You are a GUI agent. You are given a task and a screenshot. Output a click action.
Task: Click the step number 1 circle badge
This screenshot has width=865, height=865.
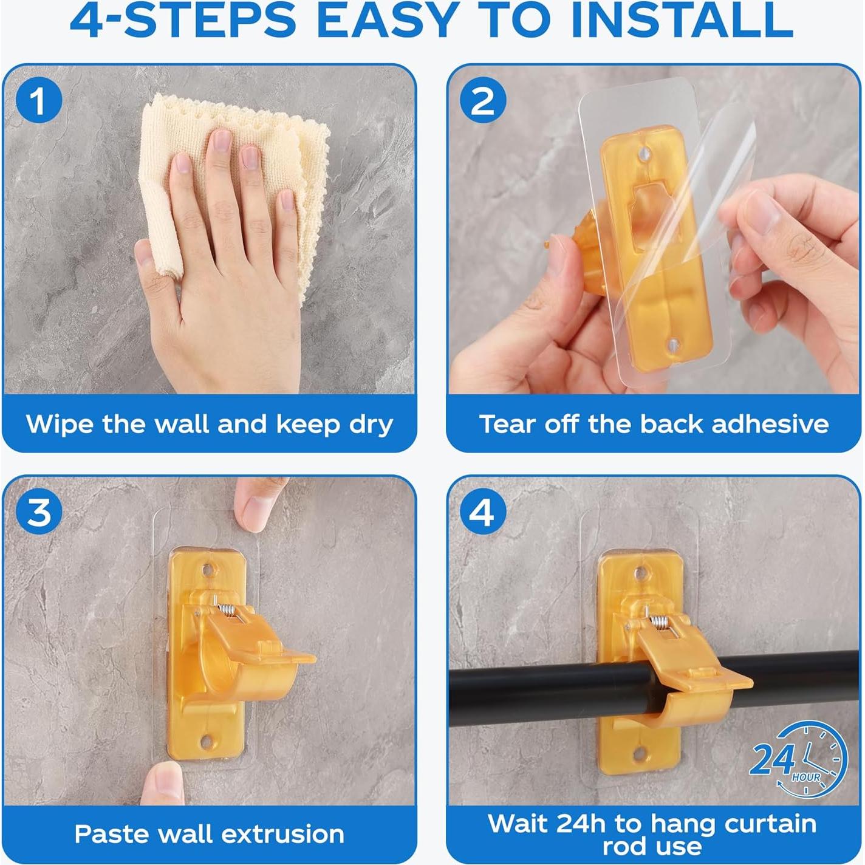[x=39, y=100]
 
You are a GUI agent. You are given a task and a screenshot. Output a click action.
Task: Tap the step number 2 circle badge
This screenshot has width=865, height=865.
[x=482, y=100]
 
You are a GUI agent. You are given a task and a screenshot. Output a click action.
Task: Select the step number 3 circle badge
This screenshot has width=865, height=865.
[x=39, y=512]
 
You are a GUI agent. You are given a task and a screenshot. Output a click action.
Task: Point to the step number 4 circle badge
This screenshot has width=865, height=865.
[x=482, y=512]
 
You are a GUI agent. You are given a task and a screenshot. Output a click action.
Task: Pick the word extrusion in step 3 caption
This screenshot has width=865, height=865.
[x=282, y=834]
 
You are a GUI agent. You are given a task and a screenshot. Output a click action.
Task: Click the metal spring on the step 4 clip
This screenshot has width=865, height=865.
[x=660, y=623]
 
